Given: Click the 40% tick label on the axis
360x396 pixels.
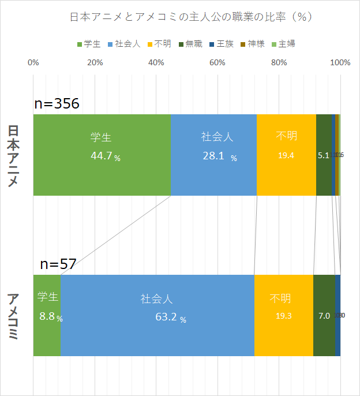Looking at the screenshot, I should [156, 62].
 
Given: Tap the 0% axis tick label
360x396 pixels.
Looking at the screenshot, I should [33, 62].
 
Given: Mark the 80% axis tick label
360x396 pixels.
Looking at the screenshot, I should [278, 62].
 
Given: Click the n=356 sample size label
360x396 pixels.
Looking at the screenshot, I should [57, 104].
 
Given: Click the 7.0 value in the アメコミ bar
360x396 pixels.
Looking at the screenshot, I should [324, 316].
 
